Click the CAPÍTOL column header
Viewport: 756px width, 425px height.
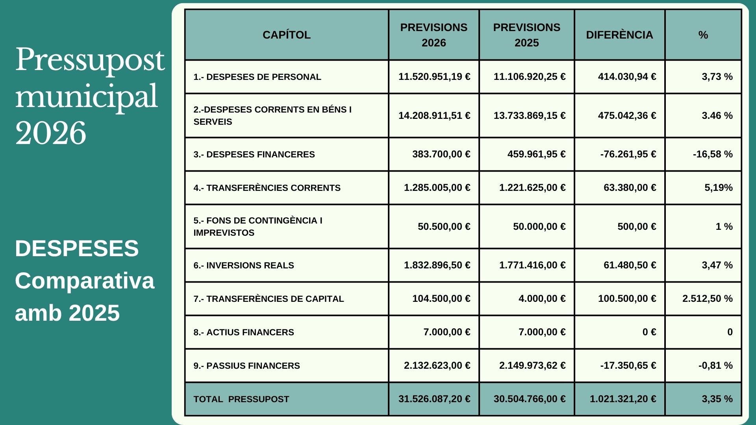coord(286,35)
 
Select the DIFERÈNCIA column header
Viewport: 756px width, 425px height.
coord(619,35)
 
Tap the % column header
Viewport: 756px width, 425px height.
coord(703,35)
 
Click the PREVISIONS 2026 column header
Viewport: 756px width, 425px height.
coord(434,35)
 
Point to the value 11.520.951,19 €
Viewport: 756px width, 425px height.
coord(434,76)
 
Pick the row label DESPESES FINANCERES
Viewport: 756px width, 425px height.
coord(254,154)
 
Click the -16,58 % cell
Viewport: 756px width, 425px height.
coord(713,154)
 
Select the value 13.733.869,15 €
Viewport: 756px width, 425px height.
coord(529,115)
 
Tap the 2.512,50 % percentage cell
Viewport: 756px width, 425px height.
coord(707,299)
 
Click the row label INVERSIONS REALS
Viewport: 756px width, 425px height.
coord(244,265)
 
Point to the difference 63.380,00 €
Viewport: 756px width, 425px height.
coord(630,188)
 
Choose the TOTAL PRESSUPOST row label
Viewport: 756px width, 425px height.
coord(241,399)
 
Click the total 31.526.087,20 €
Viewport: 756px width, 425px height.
coord(434,399)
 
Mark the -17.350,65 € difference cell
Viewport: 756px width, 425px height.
coord(628,366)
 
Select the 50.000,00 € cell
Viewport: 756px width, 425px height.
coord(539,227)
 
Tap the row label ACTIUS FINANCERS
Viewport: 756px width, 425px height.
coord(244,332)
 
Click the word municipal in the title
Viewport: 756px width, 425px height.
coord(87,97)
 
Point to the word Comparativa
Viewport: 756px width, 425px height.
coord(85,281)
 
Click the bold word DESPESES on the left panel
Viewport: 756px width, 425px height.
coord(77,249)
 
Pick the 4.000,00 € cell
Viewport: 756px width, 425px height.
coord(542,299)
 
